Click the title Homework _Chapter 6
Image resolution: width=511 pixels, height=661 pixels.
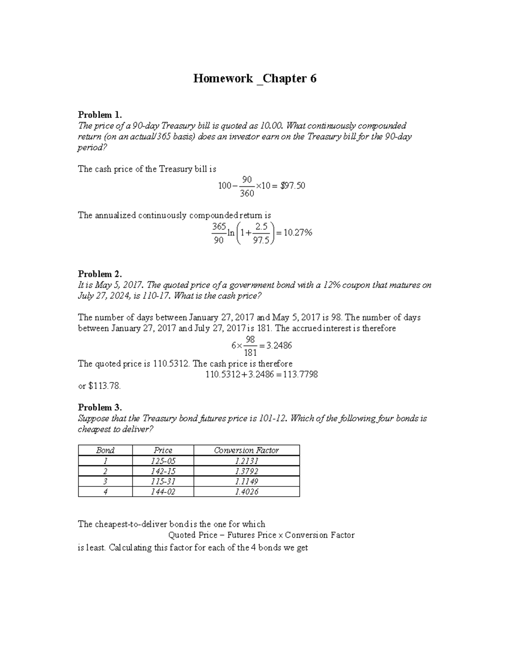pos(255,79)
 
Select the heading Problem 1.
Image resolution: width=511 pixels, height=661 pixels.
pos(100,114)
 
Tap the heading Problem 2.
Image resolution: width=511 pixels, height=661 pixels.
pos(100,274)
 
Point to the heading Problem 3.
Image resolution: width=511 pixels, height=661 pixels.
pos(100,407)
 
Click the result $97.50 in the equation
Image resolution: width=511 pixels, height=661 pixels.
pos(293,186)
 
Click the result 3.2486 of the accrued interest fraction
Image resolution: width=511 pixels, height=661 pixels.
pos(279,346)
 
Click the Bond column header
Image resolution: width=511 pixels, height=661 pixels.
pos(105,450)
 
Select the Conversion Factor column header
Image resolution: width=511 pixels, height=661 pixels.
pos(246,450)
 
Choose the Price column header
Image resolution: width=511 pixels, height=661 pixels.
pos(163,450)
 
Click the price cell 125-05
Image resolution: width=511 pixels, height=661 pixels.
pos(163,461)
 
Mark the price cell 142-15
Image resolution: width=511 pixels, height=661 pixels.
pos(163,471)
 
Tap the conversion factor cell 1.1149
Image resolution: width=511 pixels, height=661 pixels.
pos(247,481)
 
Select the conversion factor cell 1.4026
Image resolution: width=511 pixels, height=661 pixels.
pos(247,492)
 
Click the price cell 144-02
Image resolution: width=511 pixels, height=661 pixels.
pos(163,492)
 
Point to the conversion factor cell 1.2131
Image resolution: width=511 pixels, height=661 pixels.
pos(247,461)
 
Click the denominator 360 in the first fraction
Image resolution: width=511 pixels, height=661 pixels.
pos(247,194)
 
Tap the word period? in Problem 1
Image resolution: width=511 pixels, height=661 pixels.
pos(91,148)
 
